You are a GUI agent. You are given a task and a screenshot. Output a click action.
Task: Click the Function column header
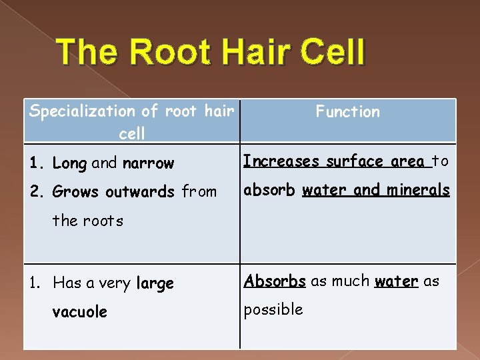point(347,112)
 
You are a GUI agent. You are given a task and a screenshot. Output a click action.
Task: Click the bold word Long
point(69,163)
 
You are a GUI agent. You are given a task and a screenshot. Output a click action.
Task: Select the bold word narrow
point(148,163)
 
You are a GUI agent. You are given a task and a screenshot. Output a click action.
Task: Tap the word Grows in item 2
point(75,192)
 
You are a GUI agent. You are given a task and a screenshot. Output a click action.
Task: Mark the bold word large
point(155,283)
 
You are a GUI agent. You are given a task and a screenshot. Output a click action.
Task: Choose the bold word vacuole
point(79,312)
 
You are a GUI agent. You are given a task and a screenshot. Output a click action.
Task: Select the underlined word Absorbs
point(275,281)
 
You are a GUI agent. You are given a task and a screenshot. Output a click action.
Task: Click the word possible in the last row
point(273,310)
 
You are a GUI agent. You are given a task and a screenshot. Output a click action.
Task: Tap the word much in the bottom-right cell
point(349,281)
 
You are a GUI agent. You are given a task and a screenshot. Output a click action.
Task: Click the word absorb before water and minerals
point(270,190)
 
